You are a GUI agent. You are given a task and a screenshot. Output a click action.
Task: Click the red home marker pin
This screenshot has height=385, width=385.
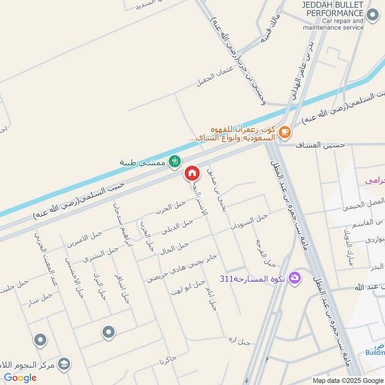192,173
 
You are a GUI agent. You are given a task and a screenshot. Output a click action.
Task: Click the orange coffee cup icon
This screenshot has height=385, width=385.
285,131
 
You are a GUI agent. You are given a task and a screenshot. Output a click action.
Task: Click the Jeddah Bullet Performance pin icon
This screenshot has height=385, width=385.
372,15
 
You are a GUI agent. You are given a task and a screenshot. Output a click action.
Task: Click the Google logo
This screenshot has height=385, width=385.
20,377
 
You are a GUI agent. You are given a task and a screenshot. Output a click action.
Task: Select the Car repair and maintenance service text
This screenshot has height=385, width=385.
333,25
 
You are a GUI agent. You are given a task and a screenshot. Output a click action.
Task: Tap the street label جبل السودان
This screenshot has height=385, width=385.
248,222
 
